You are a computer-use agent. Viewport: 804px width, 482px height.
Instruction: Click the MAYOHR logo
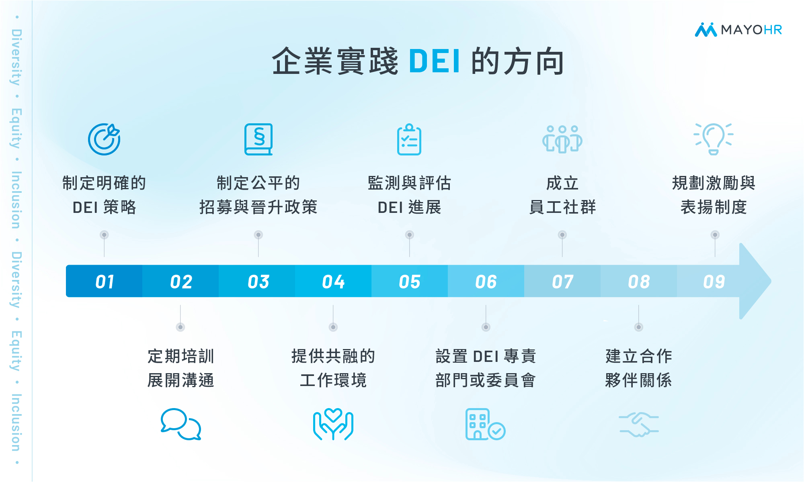(x=738, y=30)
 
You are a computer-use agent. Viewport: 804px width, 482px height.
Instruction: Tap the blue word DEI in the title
(x=434, y=61)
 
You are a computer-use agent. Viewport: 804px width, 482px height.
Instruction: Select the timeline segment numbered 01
(x=104, y=281)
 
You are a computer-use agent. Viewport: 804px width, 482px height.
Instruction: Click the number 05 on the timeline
(x=409, y=282)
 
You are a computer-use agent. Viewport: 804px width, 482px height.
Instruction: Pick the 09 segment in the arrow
(x=714, y=281)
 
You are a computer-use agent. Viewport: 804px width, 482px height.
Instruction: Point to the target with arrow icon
(x=104, y=139)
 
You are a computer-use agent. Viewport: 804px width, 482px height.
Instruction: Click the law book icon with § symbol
(x=258, y=139)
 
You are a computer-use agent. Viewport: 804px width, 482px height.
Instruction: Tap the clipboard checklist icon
(x=409, y=139)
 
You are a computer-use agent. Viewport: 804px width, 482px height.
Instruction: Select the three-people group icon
(x=562, y=139)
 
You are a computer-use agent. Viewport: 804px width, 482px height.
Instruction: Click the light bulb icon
(x=714, y=139)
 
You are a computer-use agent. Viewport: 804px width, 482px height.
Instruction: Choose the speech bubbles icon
(x=180, y=424)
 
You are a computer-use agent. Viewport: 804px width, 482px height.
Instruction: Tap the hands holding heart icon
(x=333, y=424)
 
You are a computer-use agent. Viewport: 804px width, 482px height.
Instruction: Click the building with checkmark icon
(x=485, y=424)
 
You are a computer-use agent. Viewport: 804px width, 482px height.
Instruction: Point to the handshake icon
(x=638, y=425)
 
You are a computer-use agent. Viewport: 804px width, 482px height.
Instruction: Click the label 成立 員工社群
(x=562, y=195)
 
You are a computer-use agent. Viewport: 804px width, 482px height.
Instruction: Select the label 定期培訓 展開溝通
(x=180, y=368)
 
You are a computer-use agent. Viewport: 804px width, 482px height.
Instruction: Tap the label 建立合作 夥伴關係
(x=638, y=368)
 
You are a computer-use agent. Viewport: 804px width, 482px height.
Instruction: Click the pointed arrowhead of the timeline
(x=771, y=281)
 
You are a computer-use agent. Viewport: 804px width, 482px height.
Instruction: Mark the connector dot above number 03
(x=258, y=235)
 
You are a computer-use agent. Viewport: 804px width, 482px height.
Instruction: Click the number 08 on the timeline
(x=639, y=282)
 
